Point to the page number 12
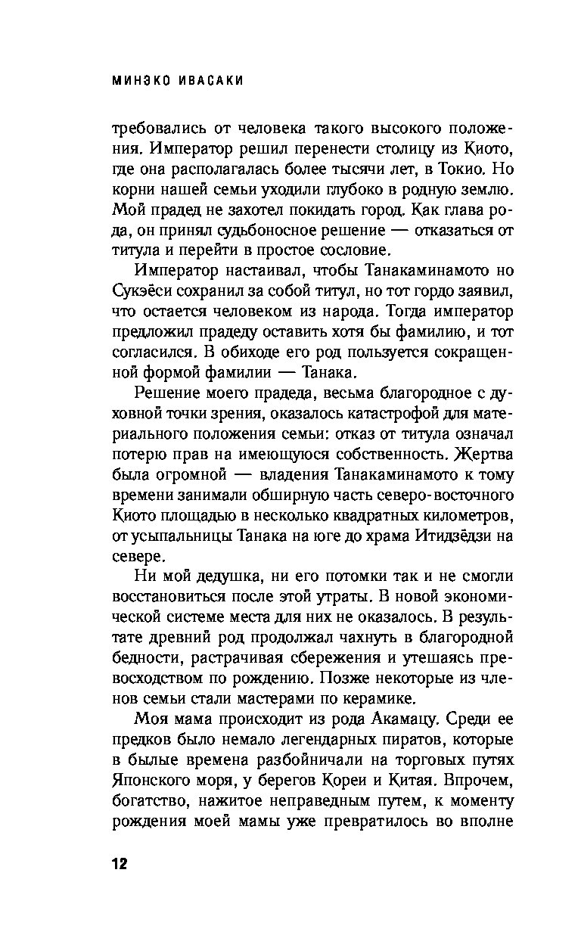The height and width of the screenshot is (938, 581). coord(120,864)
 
